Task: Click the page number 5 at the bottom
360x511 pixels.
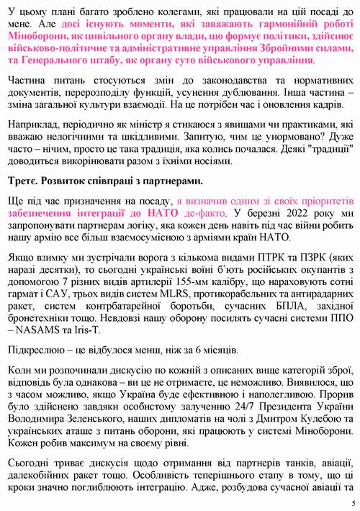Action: pyautogui.click(x=353, y=502)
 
